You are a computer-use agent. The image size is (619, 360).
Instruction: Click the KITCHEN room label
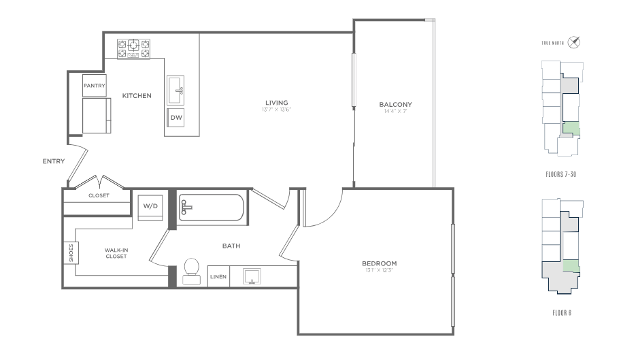pyautogui.click(x=137, y=95)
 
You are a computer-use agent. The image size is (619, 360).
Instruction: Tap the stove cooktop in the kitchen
pyautogui.click(x=133, y=49)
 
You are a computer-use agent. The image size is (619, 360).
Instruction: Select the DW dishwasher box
pyautogui.click(x=175, y=117)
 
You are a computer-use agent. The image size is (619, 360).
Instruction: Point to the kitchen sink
pyautogui.click(x=175, y=91)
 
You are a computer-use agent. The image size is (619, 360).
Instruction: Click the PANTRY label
pyautogui.click(x=95, y=85)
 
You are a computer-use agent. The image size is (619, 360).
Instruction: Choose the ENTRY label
pyautogui.click(x=54, y=161)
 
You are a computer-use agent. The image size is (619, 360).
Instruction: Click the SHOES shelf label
pyautogui.click(x=71, y=252)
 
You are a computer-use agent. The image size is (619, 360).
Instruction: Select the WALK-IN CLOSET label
pyautogui.click(x=116, y=253)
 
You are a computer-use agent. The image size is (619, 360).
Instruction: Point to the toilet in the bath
pyautogui.click(x=191, y=272)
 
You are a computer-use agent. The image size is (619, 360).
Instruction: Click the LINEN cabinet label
pyautogui.click(x=218, y=277)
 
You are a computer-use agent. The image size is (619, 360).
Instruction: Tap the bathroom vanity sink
pyautogui.click(x=252, y=276)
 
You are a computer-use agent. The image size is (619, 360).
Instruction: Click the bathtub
pyautogui.click(x=211, y=208)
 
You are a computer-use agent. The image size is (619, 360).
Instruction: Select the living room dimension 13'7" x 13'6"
pyautogui.click(x=276, y=110)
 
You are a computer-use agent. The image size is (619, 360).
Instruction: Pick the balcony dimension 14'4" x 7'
pyautogui.click(x=396, y=112)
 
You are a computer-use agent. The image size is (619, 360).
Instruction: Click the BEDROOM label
pyautogui.click(x=380, y=263)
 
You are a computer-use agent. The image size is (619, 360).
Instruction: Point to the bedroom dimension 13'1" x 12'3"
pyautogui.click(x=380, y=270)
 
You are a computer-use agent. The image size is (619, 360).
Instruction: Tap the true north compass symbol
pyautogui.click(x=573, y=42)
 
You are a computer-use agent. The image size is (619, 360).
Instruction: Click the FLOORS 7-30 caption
pyautogui.click(x=561, y=174)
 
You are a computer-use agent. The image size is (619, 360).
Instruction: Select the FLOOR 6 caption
pyautogui.click(x=562, y=313)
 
